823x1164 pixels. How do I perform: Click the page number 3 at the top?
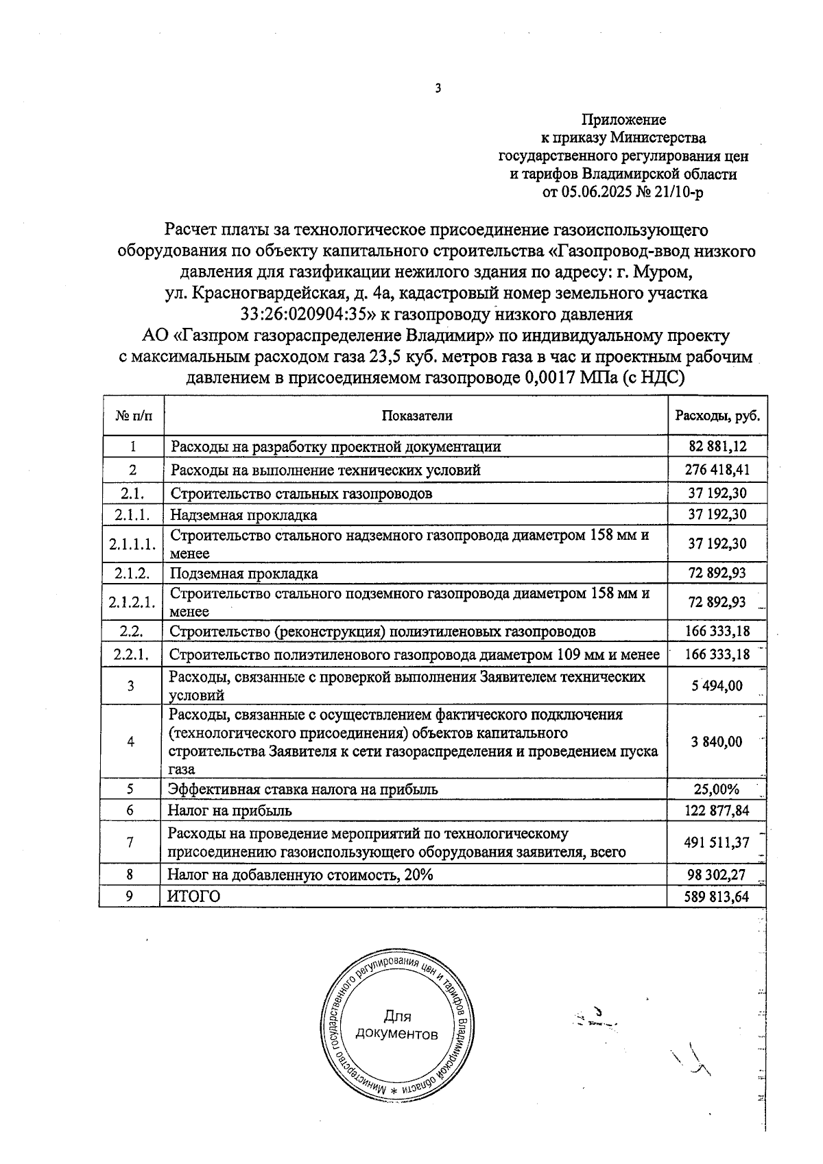pos(438,88)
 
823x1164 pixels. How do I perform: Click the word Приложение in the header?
pos(623,120)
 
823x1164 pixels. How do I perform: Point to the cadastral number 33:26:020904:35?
pos(309,315)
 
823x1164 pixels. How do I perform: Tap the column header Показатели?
pos(417,416)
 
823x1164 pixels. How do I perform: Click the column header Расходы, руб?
pos(717,416)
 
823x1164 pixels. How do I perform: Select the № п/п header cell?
pos(133,416)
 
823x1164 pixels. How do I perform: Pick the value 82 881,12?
pos(717,447)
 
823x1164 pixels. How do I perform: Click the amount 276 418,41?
pos(717,470)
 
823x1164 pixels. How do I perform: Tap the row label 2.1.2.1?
pos(132,602)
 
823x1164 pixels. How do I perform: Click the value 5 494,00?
pos(717,686)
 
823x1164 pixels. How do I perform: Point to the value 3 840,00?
pos(717,741)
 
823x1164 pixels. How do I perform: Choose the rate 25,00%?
pos(717,789)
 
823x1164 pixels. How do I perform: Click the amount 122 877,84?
pos(717,811)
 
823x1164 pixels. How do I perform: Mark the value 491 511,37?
pos(717,842)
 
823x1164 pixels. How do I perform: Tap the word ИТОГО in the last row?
pos(195,896)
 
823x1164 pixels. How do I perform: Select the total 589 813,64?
pos(717,896)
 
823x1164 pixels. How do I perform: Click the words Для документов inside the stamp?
pos(397,1025)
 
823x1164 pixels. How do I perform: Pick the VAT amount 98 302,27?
pos(717,875)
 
